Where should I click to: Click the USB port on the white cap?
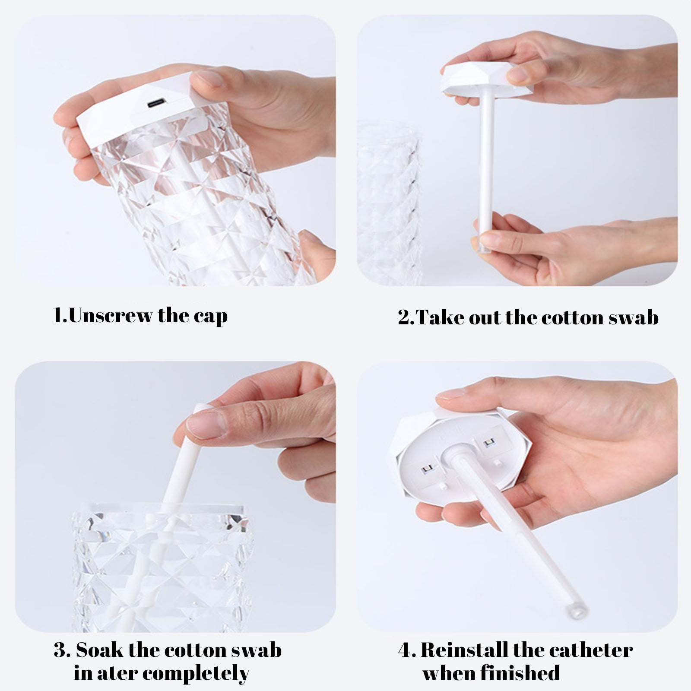[x=157, y=105]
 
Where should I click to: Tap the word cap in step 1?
[x=210, y=317]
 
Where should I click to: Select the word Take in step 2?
[x=441, y=317]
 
